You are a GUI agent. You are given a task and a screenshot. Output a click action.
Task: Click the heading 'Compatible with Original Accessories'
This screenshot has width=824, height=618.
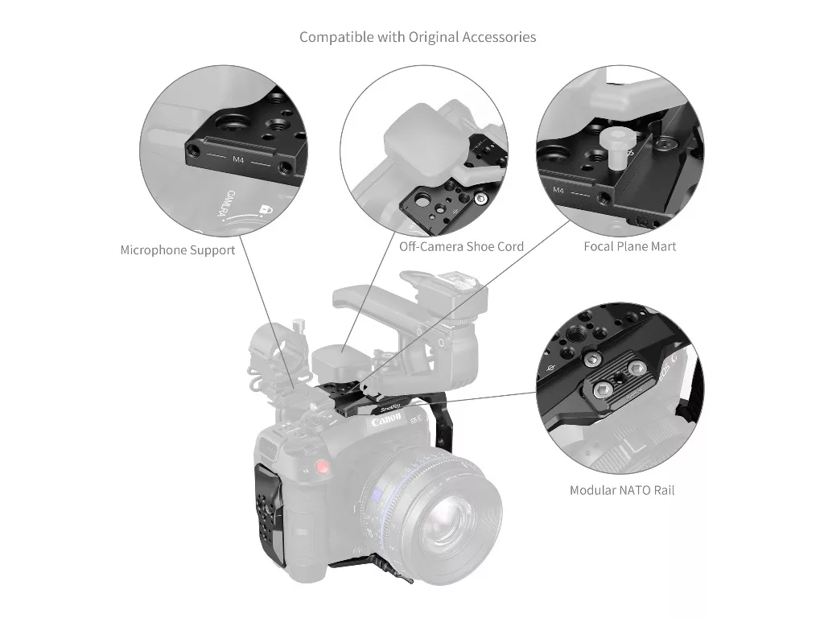(418, 37)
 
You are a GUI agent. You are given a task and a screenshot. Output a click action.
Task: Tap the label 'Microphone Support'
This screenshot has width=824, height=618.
(178, 250)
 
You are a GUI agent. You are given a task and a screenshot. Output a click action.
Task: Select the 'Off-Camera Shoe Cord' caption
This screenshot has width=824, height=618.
(461, 246)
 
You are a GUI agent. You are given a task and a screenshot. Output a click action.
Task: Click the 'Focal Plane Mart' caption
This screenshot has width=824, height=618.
(629, 246)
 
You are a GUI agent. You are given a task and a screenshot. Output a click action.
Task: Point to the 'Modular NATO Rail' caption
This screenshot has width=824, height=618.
(621, 489)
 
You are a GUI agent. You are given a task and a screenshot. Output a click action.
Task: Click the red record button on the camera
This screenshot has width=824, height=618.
(323, 467)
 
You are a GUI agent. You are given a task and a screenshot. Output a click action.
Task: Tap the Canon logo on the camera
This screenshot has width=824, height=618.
(386, 422)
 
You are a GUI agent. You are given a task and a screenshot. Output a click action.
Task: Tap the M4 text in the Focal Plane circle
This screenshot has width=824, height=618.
(558, 191)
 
